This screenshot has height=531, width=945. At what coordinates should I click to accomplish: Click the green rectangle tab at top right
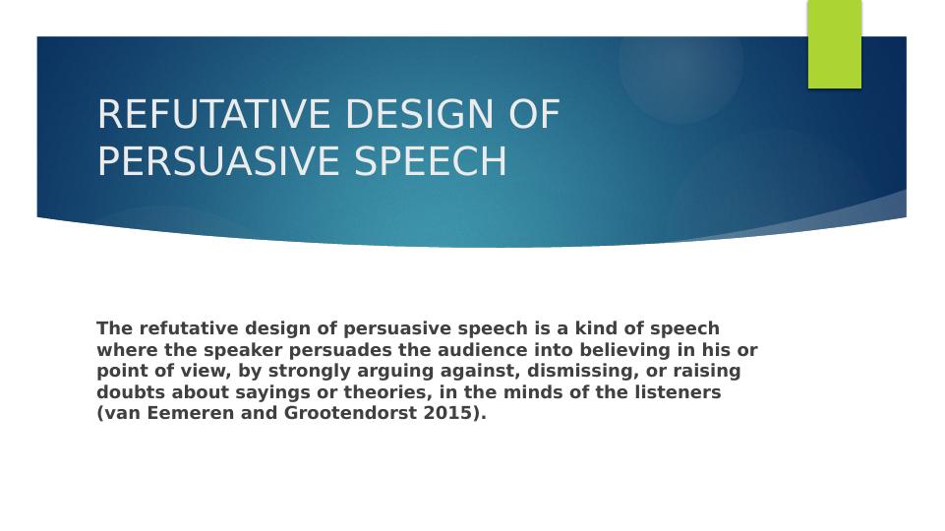(834, 44)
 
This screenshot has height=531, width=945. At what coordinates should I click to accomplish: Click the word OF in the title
(534, 115)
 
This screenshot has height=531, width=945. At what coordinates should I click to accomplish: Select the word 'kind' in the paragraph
(595, 328)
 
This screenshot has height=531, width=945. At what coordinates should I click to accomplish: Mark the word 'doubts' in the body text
(131, 392)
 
